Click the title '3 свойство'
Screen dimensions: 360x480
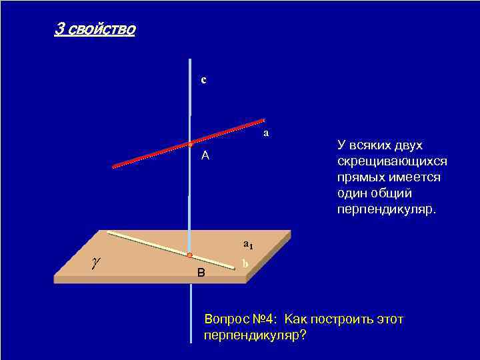(95, 30)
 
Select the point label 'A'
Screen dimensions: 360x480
(205, 156)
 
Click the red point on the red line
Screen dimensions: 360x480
(190, 144)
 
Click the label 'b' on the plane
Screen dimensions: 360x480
(245, 264)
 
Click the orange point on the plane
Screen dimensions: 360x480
(189, 255)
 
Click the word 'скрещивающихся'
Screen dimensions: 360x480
(392, 162)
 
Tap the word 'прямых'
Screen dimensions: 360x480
(358, 178)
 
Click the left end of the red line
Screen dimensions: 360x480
(114, 166)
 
